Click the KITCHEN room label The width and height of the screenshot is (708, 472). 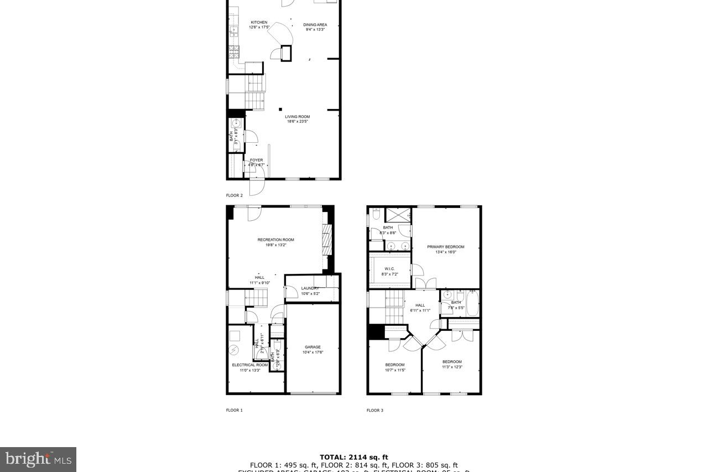(259, 23)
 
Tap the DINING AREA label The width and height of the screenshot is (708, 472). (315, 25)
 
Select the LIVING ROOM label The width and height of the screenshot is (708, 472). (297, 117)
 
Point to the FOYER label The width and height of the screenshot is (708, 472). (257, 160)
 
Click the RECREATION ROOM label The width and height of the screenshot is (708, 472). (275, 240)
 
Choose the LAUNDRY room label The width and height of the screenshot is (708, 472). (310, 288)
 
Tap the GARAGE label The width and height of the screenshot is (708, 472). (313, 347)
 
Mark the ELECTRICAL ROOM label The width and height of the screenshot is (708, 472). (249, 365)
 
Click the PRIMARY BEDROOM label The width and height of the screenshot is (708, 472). (445, 247)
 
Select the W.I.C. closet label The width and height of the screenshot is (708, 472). (389, 269)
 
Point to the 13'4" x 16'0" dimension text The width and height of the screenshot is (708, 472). (445, 252)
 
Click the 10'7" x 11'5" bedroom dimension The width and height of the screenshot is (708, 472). (395, 370)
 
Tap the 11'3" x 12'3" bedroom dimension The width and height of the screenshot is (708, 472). (452, 367)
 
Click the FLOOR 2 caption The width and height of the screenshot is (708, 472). (234, 195)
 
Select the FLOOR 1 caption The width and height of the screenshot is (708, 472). (234, 410)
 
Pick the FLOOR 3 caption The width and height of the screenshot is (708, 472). (374, 410)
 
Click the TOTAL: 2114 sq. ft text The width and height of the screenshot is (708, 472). (353, 457)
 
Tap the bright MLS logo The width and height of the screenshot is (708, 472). (38, 459)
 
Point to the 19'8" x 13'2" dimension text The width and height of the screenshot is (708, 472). (275, 245)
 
